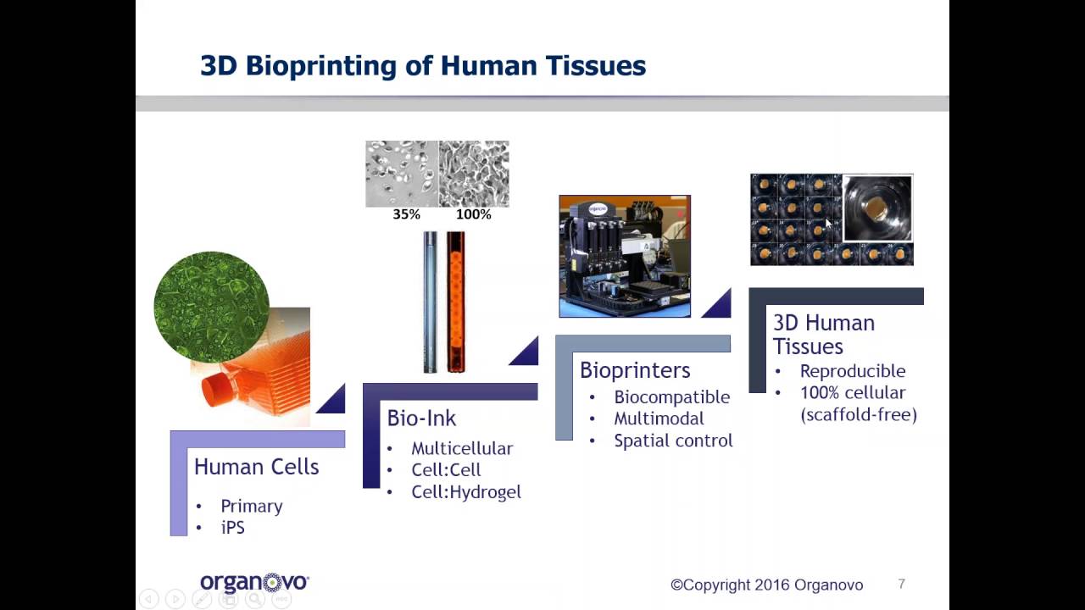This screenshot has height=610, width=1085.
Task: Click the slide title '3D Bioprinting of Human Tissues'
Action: [422, 66]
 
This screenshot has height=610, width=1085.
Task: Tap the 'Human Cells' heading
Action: [256, 467]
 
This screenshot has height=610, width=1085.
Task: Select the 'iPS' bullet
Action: [232, 528]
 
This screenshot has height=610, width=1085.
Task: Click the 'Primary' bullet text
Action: [251, 506]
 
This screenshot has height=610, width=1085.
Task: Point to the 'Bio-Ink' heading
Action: [421, 419]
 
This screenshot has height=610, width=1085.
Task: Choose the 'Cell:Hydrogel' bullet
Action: [465, 492]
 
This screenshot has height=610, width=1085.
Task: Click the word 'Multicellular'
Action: [462, 448]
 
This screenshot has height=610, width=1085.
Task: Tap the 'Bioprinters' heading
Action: [635, 370]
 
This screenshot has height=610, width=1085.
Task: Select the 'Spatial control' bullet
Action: [673, 441]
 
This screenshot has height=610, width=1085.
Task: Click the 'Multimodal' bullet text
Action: [659, 419]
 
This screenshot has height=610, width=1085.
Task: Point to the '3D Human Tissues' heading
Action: [822, 335]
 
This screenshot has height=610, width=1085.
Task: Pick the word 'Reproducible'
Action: [852, 371]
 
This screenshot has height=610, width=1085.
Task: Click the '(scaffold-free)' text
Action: [858, 415]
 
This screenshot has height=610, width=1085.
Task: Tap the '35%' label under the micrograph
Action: [406, 214]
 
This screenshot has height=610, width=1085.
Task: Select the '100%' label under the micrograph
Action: [473, 214]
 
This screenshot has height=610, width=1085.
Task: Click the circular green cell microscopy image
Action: [211, 307]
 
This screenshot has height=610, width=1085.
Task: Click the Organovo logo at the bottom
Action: [254, 583]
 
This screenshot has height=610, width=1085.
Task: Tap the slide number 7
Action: [901, 584]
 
